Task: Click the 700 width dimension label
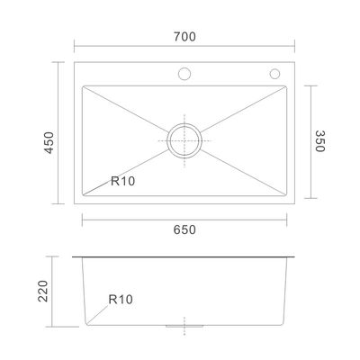click(x=184, y=37)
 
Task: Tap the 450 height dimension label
click(x=49, y=143)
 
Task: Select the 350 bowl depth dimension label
click(x=320, y=141)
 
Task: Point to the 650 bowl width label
click(x=184, y=229)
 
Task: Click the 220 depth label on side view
click(x=43, y=291)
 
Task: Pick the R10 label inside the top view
click(x=123, y=181)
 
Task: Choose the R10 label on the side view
click(x=121, y=299)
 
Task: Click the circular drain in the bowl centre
click(x=184, y=140)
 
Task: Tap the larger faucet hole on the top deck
click(x=184, y=74)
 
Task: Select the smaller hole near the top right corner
click(x=274, y=74)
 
